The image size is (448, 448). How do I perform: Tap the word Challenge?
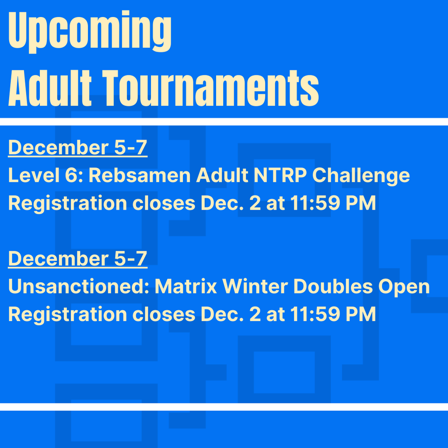pos(361,176)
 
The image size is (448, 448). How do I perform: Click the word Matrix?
pos(186,287)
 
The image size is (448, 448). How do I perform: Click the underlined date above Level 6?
pos(77,148)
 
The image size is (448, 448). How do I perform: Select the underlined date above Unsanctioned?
pos(77,259)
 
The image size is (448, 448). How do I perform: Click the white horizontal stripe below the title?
pos(224,122)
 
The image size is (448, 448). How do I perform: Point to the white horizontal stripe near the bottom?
pos(224,407)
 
